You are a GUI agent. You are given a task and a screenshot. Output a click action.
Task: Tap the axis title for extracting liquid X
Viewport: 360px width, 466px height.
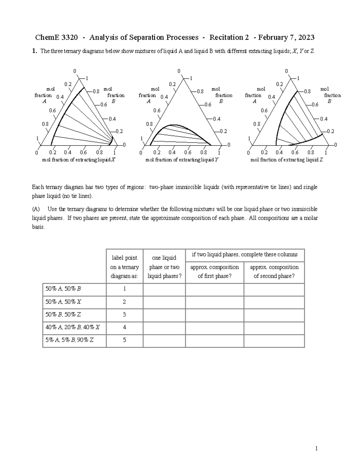point(79,160)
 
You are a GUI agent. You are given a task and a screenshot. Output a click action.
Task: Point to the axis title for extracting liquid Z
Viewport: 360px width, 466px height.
point(286,160)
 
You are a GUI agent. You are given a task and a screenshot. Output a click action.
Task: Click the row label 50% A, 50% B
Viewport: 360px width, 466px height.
point(63,289)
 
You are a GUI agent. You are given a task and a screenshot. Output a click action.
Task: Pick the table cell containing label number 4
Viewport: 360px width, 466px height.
point(124,327)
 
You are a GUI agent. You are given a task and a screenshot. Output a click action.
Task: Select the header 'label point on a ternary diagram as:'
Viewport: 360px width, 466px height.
point(124,267)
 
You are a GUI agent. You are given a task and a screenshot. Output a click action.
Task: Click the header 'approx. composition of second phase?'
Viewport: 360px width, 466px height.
point(274,272)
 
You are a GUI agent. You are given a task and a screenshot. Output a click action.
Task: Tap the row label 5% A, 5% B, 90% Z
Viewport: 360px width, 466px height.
point(69,340)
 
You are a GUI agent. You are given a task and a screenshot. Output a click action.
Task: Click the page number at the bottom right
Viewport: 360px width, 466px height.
point(316,449)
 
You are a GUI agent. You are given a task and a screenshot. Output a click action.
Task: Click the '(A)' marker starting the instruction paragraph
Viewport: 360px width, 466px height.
point(36,209)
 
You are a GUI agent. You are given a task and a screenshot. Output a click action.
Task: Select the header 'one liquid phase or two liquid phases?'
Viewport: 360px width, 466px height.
point(164,267)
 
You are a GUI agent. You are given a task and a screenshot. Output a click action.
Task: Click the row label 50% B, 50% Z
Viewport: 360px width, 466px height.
point(63,315)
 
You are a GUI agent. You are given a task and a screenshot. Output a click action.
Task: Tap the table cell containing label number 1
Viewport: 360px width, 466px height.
point(124,289)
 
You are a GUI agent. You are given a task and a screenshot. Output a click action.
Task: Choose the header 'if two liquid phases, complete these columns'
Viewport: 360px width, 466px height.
point(244,255)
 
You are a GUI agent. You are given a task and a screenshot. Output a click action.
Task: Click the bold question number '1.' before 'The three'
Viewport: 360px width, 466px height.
point(35,51)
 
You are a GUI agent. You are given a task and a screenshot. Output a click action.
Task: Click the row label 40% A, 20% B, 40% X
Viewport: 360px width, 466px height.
point(72,327)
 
